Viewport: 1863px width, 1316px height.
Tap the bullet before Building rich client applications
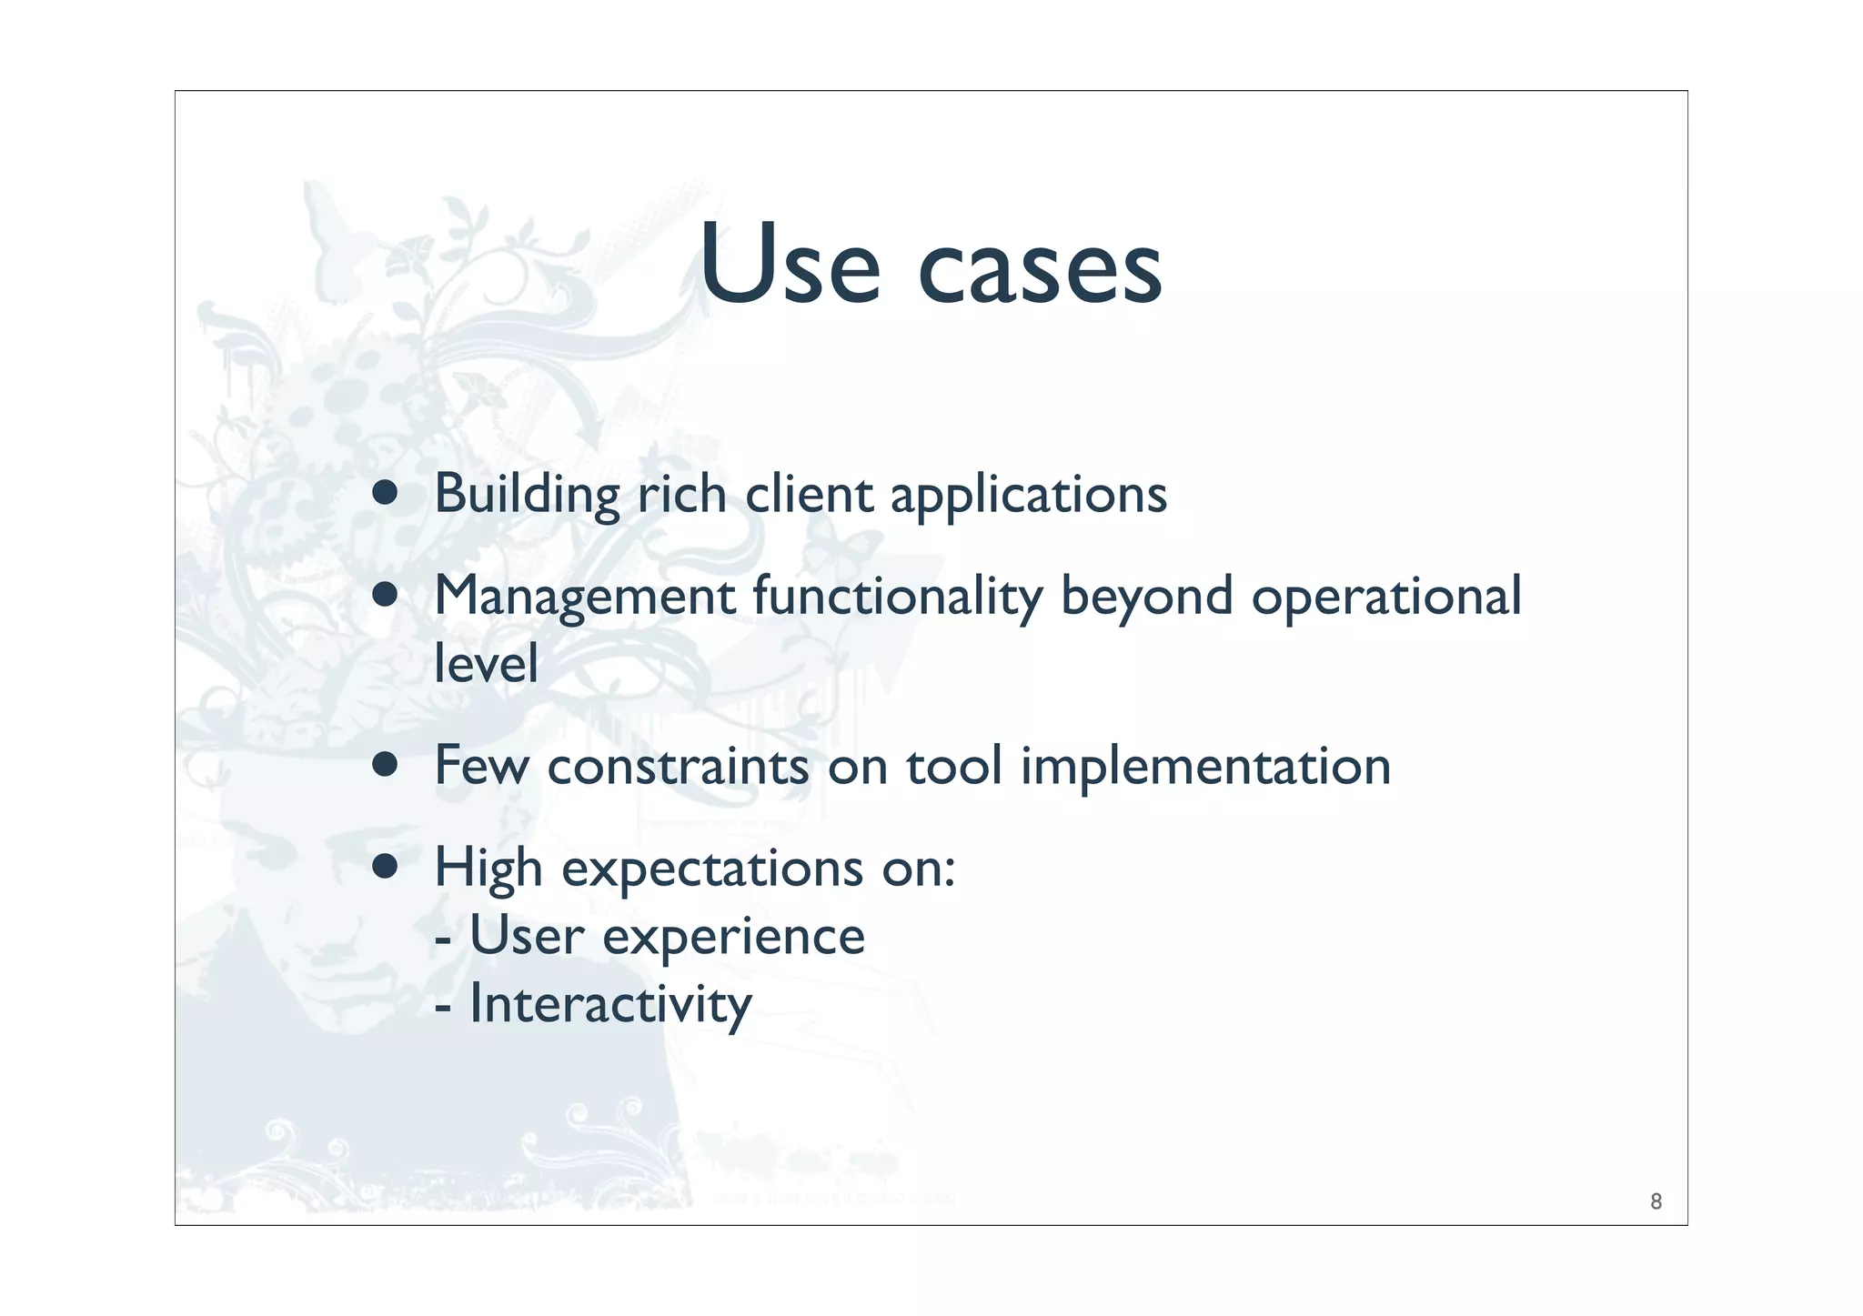point(385,493)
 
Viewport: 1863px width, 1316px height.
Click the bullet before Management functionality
point(385,595)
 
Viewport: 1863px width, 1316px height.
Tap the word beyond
point(1146,598)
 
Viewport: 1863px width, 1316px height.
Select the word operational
point(1385,598)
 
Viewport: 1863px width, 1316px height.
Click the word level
point(486,663)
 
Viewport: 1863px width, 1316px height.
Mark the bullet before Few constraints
point(385,765)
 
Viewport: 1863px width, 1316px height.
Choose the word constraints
point(678,766)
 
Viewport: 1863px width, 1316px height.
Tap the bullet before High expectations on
point(385,867)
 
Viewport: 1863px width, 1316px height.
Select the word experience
point(733,938)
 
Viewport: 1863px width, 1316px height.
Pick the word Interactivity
point(610,1005)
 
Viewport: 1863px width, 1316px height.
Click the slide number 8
point(1656,1201)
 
